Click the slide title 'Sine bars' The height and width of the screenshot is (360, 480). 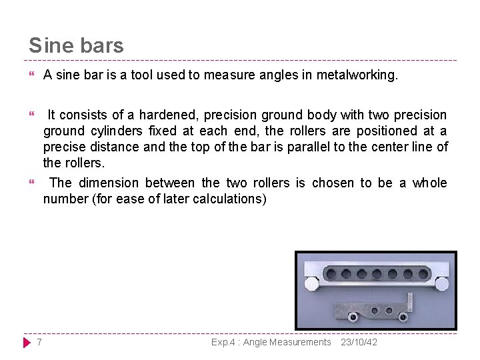pos(76,45)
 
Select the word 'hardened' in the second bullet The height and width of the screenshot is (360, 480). pos(163,115)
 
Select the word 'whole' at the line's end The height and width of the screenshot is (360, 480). pos(429,183)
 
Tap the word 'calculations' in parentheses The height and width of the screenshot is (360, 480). pos(229,199)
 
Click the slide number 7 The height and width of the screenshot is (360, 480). pos(39,342)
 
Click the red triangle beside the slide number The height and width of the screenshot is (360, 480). pos(27,343)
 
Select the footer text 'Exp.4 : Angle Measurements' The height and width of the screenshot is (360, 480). pos(271,342)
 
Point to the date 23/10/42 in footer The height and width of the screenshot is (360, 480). pos(359,342)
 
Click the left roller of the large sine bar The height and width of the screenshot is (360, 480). pos(311,283)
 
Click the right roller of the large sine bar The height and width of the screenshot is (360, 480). pos(442,283)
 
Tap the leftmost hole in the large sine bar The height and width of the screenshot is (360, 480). pos(331,273)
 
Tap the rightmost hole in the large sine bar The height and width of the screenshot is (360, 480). pos(423,273)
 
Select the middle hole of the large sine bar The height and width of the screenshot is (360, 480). pos(377,273)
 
